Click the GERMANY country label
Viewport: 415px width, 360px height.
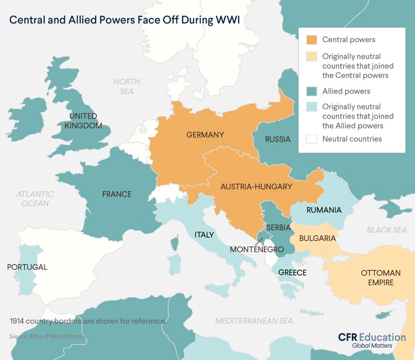(205, 135)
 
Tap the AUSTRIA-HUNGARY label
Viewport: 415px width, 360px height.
(256, 187)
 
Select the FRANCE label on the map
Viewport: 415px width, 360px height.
(117, 194)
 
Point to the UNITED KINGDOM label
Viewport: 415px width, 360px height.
(83, 121)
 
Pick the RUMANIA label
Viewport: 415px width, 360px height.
(324, 210)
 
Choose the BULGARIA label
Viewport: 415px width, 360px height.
(317, 238)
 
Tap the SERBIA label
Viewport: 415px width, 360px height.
(278, 228)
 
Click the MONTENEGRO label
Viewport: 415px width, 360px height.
(256, 249)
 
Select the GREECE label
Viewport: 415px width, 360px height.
(292, 273)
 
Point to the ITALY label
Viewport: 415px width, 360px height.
(204, 235)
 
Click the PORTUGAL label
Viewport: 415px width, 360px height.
(27, 267)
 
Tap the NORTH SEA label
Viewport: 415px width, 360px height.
(127, 86)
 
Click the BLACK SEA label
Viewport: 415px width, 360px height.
(387, 230)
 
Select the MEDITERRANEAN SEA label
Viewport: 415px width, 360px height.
(254, 321)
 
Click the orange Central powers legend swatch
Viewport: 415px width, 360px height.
(311, 40)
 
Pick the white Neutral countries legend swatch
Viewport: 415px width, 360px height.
(311, 139)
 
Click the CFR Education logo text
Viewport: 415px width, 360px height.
(372, 337)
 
